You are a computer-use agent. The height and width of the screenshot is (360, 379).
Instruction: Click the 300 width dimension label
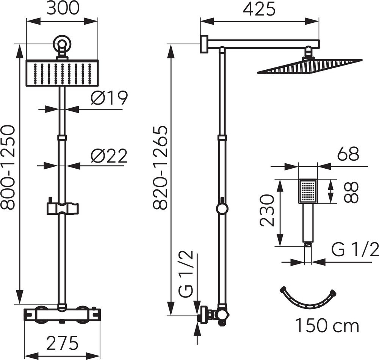point(63,9)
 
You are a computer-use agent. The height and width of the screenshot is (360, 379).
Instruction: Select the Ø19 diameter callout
point(109,98)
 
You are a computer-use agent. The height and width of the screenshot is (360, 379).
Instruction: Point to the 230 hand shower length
point(267,210)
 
